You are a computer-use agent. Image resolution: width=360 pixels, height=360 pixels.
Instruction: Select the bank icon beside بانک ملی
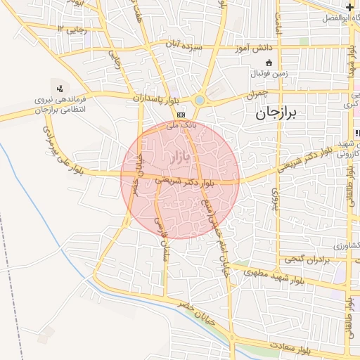[181, 115]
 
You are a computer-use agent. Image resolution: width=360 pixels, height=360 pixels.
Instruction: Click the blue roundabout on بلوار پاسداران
[200, 101]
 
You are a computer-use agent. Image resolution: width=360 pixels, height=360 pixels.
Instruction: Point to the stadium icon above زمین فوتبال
[269, 63]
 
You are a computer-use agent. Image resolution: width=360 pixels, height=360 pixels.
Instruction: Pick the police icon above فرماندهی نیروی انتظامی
[60, 89]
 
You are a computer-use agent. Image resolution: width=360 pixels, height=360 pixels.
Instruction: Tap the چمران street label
[257, 94]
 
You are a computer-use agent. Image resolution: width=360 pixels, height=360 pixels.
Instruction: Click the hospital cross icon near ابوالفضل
[349, 8]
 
